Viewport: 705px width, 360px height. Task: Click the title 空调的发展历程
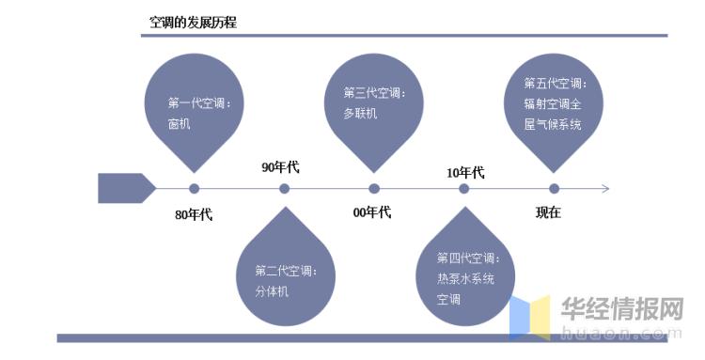(193, 22)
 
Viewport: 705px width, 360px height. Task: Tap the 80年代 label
(194, 214)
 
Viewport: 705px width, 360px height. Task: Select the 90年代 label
(280, 167)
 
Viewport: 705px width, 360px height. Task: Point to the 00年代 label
(371, 212)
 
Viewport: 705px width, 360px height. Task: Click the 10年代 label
(465, 172)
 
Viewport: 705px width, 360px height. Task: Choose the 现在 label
(548, 212)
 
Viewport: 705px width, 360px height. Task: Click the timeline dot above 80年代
(195, 189)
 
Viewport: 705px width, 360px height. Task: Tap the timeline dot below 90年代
(284, 189)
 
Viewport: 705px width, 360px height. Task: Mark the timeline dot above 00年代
(374, 189)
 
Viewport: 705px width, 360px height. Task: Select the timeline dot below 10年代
(464, 189)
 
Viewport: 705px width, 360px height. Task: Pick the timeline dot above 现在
(554, 189)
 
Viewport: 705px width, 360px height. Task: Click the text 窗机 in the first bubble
(179, 123)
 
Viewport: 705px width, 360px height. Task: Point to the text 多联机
(360, 113)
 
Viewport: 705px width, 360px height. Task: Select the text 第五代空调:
(555, 83)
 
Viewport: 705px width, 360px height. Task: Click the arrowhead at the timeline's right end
(605, 189)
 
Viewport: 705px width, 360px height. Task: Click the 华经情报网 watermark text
(621, 309)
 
